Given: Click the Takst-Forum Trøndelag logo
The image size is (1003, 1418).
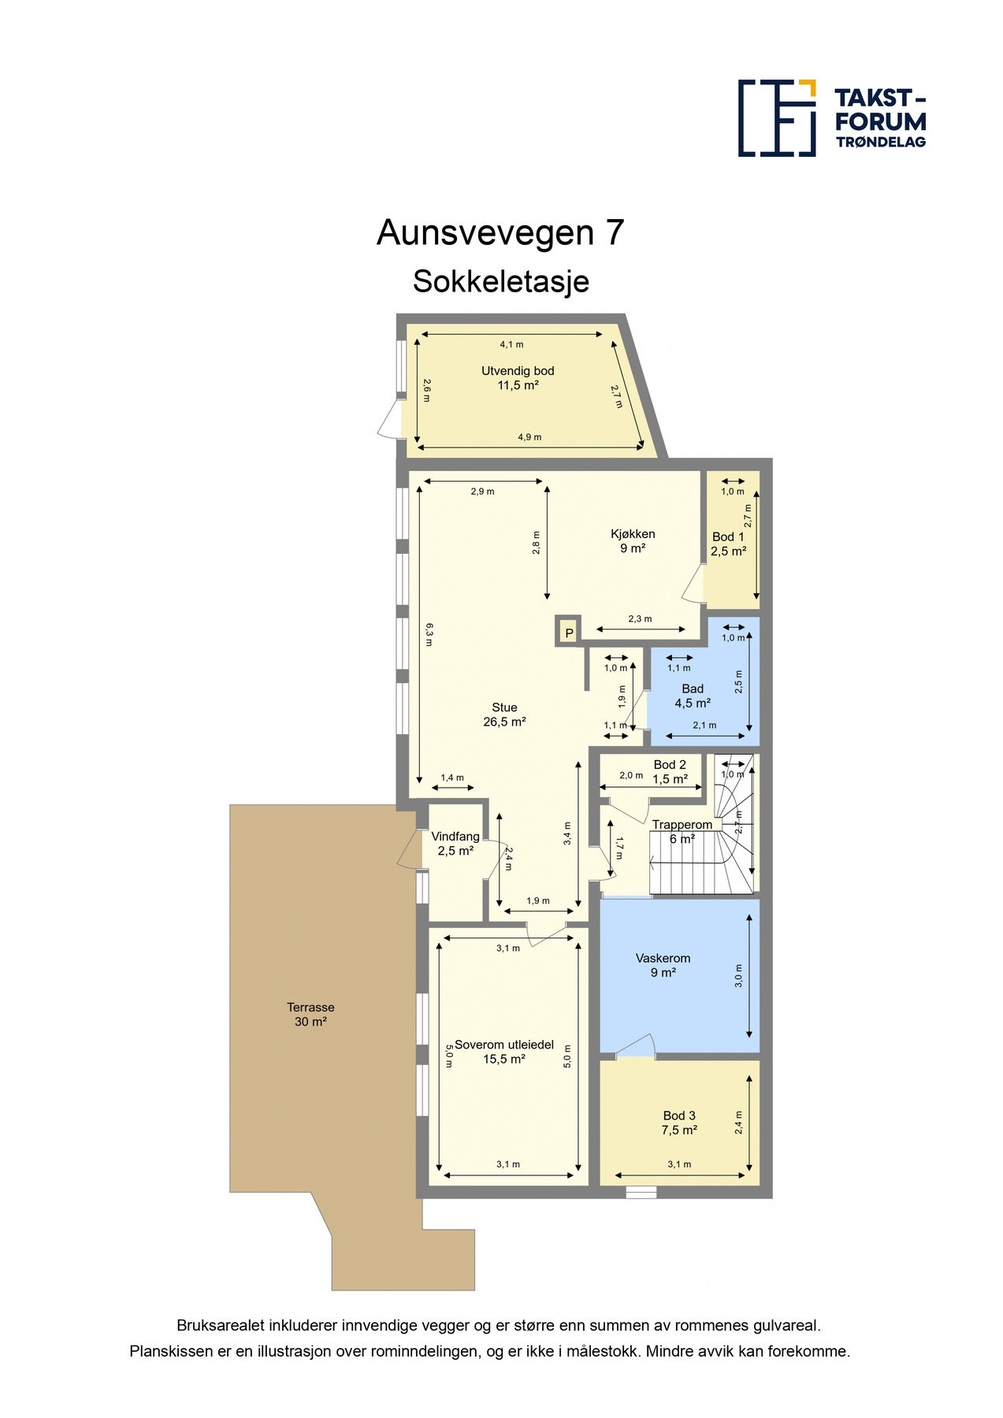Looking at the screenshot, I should click(831, 118).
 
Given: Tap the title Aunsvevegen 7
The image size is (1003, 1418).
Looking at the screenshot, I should click(500, 232).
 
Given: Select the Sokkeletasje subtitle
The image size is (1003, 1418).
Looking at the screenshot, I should click(500, 281).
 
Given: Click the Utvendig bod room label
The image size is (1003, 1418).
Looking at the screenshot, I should click(518, 378).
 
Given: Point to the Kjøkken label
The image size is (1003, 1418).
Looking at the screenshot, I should click(633, 540).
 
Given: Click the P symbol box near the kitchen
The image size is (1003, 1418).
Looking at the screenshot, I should click(568, 633).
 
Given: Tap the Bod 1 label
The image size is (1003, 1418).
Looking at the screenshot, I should click(728, 544).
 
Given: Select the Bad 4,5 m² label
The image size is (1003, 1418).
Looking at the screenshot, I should click(693, 696).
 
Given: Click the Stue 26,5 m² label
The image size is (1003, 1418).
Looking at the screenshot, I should click(504, 715).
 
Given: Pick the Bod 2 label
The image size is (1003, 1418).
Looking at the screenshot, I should click(670, 771).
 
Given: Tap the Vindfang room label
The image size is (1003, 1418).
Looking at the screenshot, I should click(455, 843).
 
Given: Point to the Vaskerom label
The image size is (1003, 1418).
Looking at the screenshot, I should click(663, 965).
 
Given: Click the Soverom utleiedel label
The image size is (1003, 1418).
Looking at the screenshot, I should click(504, 1052).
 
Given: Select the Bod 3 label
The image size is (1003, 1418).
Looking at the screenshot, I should click(679, 1122).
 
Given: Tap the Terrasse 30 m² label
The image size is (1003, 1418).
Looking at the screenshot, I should click(310, 1014).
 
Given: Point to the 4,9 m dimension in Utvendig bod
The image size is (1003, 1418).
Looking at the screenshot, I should click(529, 437).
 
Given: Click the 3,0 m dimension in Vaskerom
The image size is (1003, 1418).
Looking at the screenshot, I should click(738, 975).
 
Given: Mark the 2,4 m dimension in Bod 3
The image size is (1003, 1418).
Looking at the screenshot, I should click(738, 1122).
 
